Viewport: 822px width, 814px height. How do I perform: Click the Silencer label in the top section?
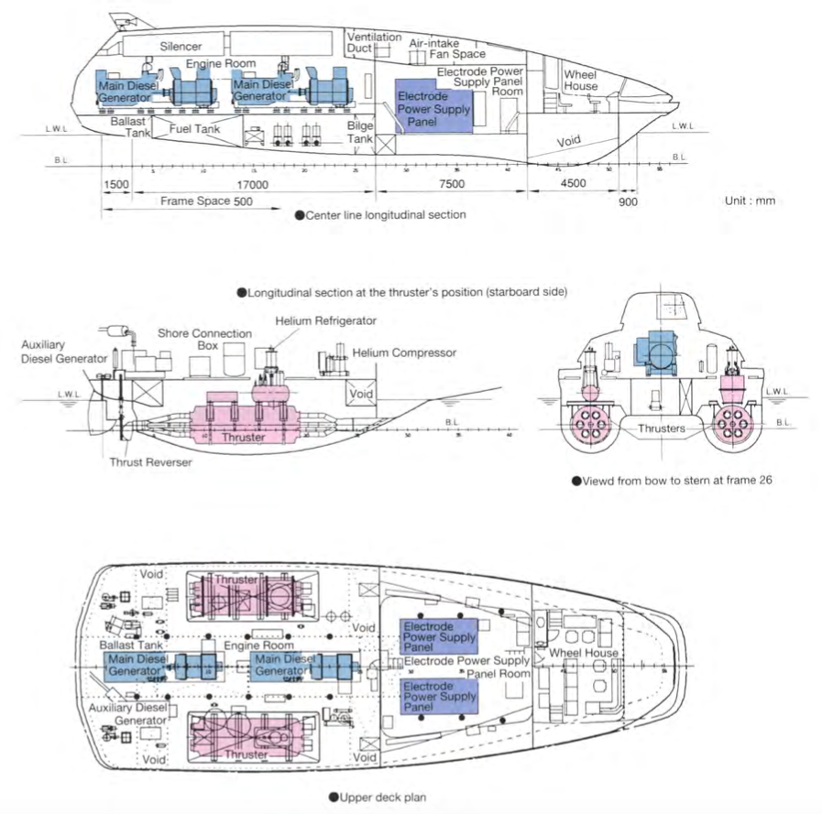(181, 46)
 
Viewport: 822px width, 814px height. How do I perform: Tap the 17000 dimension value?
(250, 183)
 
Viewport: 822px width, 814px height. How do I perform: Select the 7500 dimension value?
(451, 183)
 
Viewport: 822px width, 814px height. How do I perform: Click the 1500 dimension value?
(115, 183)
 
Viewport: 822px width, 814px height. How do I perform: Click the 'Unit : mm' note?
(750, 201)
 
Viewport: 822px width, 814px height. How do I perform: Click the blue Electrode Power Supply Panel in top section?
(433, 106)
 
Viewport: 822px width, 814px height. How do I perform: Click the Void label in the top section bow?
(569, 141)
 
